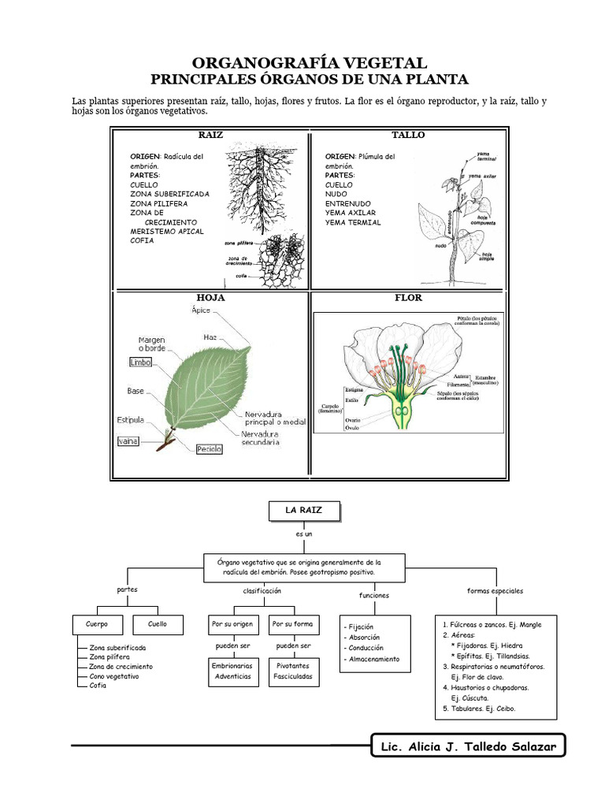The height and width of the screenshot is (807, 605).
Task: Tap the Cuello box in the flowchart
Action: (x=158, y=624)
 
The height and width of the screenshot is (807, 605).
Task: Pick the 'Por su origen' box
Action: (x=232, y=624)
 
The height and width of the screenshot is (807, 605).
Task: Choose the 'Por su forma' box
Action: (x=292, y=624)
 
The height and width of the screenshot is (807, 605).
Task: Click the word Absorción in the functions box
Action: (x=365, y=637)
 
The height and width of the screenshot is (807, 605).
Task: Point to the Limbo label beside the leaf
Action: (x=140, y=362)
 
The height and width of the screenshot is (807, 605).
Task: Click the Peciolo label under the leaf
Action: (x=209, y=448)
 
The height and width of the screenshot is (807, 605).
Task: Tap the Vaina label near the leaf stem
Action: (x=128, y=441)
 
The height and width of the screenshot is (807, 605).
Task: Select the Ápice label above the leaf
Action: (x=201, y=310)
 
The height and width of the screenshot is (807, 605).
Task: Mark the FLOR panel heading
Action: (x=408, y=298)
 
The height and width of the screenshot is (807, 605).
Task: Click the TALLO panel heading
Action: (x=408, y=135)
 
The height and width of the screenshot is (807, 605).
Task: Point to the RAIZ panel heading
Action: (x=211, y=135)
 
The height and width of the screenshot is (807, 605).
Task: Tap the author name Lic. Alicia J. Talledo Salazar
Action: (x=468, y=746)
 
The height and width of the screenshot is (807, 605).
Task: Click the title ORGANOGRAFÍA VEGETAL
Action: (x=310, y=62)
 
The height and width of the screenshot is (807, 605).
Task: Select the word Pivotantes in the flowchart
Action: (x=292, y=666)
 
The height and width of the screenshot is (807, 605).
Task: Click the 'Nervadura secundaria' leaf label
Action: (x=261, y=438)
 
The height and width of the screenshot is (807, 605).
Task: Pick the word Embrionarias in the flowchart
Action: (x=232, y=666)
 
